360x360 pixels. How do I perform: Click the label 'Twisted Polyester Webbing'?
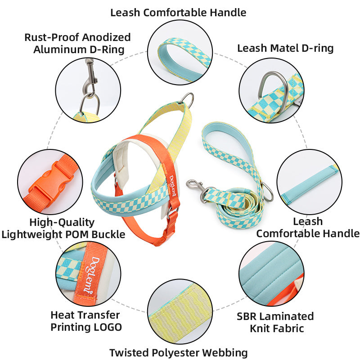(178, 352)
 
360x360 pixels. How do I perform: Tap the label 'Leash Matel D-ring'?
(285, 48)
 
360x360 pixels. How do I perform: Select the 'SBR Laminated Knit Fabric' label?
(275, 322)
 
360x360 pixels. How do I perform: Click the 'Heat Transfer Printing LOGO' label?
(86, 321)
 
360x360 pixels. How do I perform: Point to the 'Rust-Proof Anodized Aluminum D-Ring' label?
(77, 43)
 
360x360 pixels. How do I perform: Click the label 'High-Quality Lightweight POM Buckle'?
(63, 228)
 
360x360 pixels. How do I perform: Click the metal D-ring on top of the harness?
(188, 99)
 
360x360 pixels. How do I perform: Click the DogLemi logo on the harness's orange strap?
(173, 186)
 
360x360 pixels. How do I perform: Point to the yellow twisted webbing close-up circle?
(180, 311)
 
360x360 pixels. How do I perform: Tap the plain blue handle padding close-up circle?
(310, 182)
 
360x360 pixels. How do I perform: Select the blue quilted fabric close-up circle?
(272, 274)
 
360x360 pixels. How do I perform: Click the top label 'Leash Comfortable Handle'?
(178, 13)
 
